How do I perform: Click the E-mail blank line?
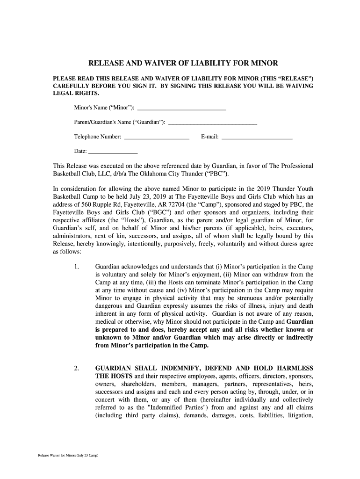[x=257, y=137]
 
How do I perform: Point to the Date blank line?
[x=113, y=151]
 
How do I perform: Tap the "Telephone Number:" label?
[x=98, y=137]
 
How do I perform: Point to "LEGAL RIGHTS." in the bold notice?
[x=70, y=93]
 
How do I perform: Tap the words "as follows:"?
[x=67, y=251]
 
